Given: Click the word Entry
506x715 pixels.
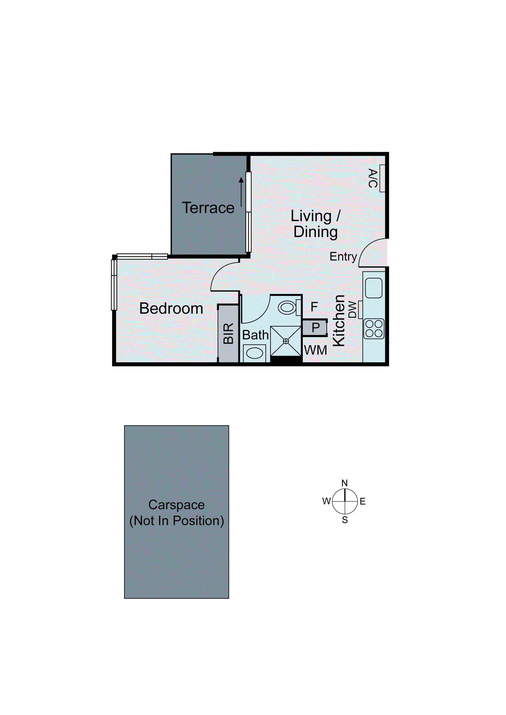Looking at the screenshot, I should pyautogui.click(x=343, y=257).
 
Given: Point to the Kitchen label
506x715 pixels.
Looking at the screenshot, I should pyautogui.click(x=339, y=321).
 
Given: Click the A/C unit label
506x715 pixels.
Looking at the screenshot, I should pyautogui.click(x=373, y=178).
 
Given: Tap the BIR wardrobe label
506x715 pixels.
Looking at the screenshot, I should pyautogui.click(x=229, y=333).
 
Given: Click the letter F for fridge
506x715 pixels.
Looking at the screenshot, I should pyautogui.click(x=314, y=307).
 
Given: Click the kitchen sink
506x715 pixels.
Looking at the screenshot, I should pyautogui.click(x=373, y=288).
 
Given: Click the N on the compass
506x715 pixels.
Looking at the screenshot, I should pyautogui.click(x=345, y=483).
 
